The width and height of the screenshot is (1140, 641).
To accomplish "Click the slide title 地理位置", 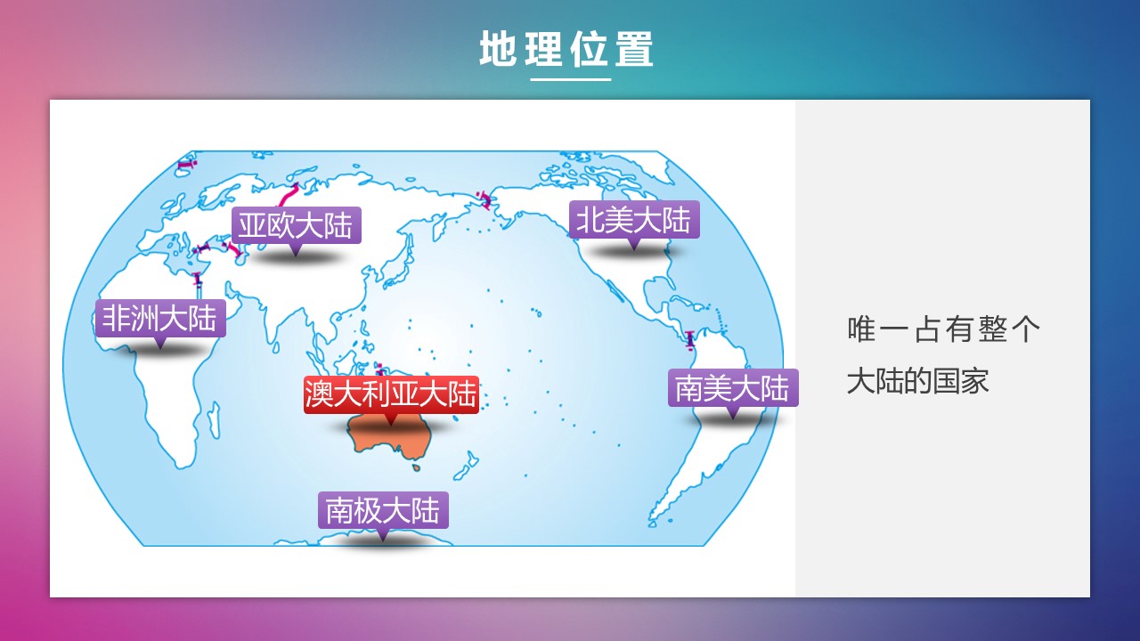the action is click(566, 49).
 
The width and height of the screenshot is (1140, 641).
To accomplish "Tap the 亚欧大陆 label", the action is click(297, 225).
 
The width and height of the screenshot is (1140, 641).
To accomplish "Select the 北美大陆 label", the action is click(634, 220).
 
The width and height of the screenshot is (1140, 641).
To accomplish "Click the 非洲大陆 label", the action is click(160, 319).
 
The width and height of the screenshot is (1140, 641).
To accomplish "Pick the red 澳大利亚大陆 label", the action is click(391, 394).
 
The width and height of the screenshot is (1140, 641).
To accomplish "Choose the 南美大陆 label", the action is click(733, 387).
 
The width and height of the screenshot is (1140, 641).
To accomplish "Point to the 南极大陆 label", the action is click(383, 510).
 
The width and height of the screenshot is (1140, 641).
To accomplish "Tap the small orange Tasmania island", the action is click(416, 467).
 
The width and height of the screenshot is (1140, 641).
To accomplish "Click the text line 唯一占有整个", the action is click(943, 329).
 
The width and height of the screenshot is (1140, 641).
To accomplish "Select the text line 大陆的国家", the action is click(917, 381).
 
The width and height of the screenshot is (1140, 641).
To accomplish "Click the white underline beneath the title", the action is click(571, 79).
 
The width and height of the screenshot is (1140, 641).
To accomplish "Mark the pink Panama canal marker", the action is click(689, 340).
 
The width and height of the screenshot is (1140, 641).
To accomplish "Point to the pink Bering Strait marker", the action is click(484, 199).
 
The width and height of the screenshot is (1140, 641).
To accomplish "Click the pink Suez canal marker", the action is click(198, 280).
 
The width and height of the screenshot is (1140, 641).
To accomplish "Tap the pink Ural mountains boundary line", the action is click(289, 196).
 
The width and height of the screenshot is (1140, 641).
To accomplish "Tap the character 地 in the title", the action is click(497, 49).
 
